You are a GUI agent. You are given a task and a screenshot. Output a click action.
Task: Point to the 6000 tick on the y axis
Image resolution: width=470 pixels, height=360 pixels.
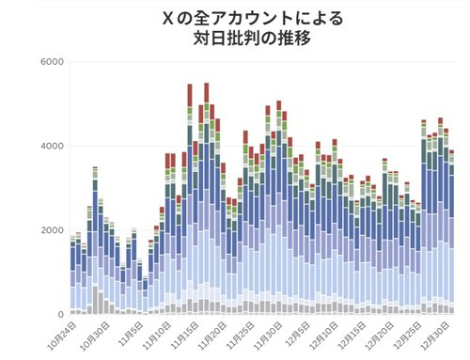(52, 62)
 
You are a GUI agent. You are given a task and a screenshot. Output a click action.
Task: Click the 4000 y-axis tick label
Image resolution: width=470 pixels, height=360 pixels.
(52, 147)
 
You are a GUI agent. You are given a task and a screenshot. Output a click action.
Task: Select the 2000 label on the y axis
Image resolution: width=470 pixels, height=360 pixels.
(52, 230)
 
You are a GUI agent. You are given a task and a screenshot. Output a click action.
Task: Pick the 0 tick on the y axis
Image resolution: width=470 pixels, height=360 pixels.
(59, 315)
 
